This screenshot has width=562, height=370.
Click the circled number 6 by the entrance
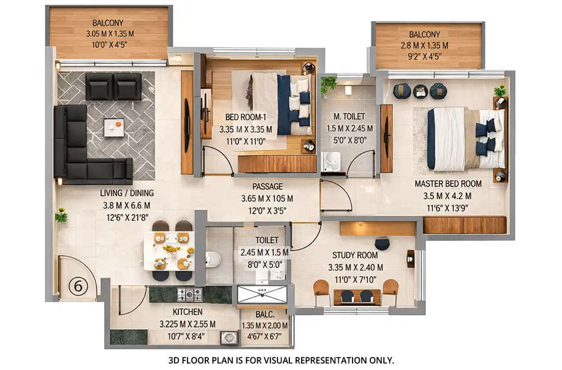(78, 285)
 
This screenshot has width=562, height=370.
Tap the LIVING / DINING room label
(127, 193)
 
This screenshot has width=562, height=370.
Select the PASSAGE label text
(267, 186)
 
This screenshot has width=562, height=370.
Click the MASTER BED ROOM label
(448, 184)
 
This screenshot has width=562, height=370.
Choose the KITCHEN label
(188, 311)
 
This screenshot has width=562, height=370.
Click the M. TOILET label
(350, 116)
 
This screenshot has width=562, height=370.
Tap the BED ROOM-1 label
(245, 117)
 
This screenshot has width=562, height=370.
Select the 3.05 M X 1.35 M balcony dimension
(109, 34)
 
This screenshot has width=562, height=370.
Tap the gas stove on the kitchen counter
(190, 294)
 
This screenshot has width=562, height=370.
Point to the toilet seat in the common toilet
(214, 259)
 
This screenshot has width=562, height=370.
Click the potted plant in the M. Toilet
(328, 85)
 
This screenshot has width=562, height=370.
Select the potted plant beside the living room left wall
(61, 215)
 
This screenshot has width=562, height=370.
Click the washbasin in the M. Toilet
(332, 160)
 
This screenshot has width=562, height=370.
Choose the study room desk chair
(382, 244)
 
